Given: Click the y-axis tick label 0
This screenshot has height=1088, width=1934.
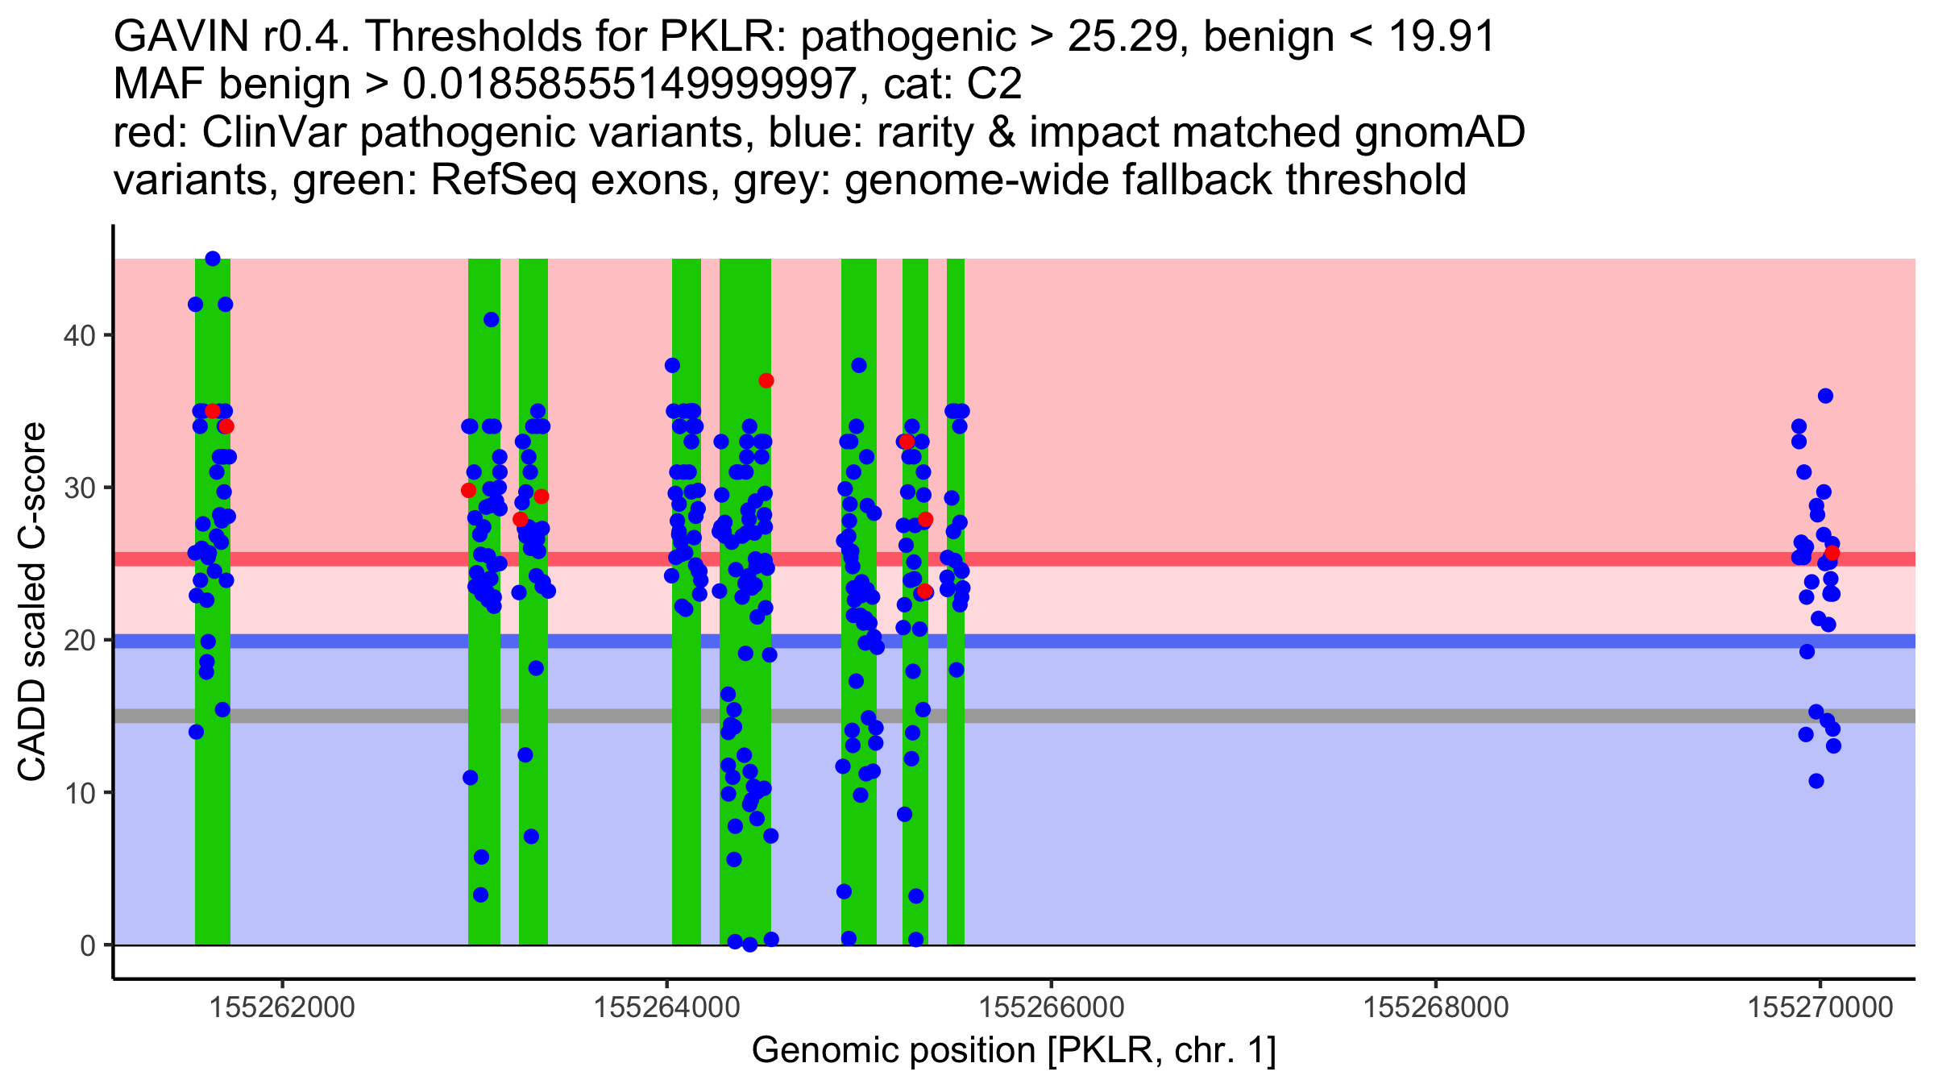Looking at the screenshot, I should (x=87, y=945).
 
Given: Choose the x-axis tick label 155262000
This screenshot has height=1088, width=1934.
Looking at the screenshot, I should (x=282, y=1007).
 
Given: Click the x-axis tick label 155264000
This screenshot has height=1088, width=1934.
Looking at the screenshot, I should (x=666, y=1007).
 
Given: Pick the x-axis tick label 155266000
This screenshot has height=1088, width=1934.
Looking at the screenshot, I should (x=1051, y=1007).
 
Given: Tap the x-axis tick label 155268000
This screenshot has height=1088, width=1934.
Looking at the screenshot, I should (x=1435, y=1007).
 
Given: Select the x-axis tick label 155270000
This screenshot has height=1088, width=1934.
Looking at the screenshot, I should (x=1820, y=1007).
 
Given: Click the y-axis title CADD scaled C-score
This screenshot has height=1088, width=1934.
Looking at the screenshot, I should (x=32, y=602).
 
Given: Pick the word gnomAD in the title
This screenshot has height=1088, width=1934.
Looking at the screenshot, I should (x=1439, y=133).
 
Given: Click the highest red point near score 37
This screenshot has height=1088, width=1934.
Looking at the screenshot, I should (x=766, y=380).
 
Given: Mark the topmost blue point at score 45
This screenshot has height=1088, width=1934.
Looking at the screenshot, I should (x=213, y=259).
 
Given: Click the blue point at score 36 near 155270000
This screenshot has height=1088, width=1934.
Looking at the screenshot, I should (x=1826, y=396).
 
